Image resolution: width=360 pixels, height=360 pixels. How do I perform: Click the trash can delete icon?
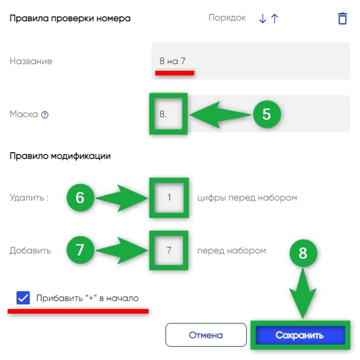342,19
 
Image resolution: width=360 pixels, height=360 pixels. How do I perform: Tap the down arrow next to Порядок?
263,19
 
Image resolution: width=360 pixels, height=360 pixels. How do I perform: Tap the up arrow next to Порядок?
275,19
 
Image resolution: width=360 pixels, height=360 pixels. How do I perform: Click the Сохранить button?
300,336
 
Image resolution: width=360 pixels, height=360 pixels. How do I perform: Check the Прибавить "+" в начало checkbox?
23,298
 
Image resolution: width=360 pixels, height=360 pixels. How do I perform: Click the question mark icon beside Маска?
44,114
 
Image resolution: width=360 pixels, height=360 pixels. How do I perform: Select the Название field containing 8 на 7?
251,61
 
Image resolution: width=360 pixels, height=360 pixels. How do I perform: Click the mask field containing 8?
251,114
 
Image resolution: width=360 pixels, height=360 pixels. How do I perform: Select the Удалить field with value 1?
169,197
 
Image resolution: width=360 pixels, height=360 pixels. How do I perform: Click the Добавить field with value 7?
169,250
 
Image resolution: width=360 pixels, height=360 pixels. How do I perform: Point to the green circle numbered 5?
267,114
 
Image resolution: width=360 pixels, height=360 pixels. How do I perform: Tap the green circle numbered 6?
80,197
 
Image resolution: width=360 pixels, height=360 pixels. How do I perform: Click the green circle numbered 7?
80,249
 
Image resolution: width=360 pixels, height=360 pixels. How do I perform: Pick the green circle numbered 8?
303,253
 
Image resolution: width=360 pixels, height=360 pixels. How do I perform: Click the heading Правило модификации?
60,156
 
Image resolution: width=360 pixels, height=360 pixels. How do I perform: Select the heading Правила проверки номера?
70,19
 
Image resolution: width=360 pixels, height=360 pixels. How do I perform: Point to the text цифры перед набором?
247,198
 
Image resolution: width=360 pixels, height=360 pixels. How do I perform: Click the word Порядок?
227,18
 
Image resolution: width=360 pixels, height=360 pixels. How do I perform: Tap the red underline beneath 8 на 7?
175,73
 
